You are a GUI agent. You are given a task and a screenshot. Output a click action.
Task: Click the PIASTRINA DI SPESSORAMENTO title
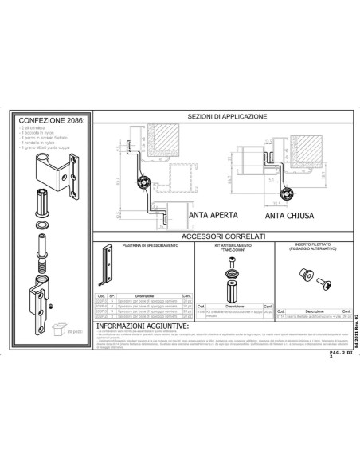(143, 247)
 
